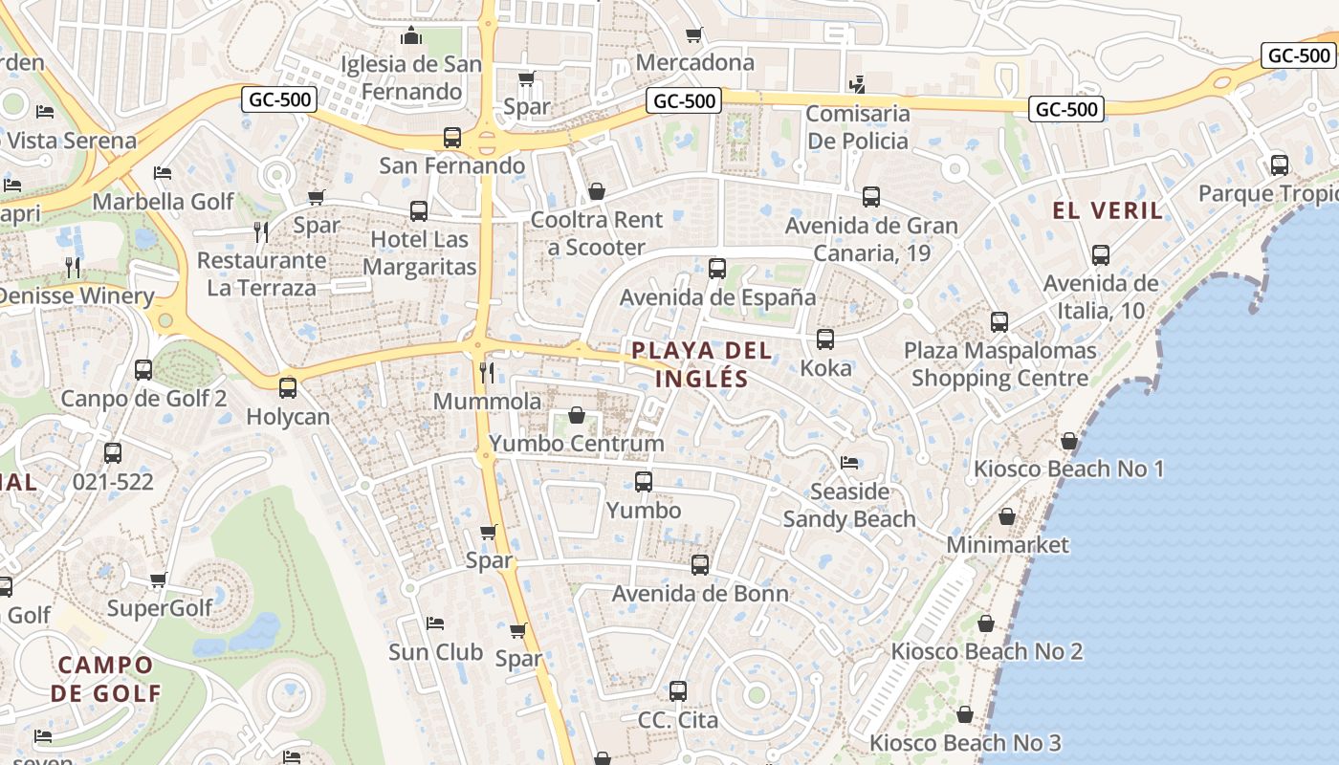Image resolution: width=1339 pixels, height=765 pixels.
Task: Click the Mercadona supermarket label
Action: tap(694, 63)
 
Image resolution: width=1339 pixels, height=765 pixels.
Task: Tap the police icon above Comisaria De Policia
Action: tap(857, 84)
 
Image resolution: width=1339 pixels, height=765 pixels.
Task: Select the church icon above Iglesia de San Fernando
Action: tap(411, 36)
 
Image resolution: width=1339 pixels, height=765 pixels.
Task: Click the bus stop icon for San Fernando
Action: tap(452, 138)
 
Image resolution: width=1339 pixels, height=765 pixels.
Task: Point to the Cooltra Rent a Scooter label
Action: tap(596, 233)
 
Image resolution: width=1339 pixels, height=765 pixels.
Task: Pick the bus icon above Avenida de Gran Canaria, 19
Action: tap(870, 197)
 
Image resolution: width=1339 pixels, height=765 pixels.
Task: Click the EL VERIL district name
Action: tap(1108, 210)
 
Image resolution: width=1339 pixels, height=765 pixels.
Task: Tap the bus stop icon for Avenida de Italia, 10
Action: tap(1101, 255)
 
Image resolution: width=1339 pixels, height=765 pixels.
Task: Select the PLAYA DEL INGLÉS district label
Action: tap(702, 363)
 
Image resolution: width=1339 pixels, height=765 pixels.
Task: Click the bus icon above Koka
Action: tap(824, 339)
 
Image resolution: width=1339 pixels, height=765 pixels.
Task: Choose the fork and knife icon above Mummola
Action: tap(487, 372)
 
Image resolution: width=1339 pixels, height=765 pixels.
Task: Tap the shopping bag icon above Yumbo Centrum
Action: tap(577, 415)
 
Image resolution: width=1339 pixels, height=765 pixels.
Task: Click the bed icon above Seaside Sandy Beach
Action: tap(849, 463)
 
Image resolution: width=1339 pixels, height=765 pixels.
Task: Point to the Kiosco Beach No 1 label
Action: tap(1068, 469)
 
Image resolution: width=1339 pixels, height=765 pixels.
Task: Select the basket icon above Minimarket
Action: tap(1007, 516)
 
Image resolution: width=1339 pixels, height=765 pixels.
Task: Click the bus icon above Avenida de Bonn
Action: tap(700, 565)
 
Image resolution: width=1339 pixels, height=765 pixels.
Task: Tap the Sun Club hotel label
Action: tap(435, 652)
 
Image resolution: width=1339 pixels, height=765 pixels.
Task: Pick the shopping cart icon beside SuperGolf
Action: tap(159, 579)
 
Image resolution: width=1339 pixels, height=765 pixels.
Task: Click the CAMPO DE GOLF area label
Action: tap(105, 679)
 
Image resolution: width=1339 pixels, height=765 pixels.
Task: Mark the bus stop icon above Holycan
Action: tap(287, 388)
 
